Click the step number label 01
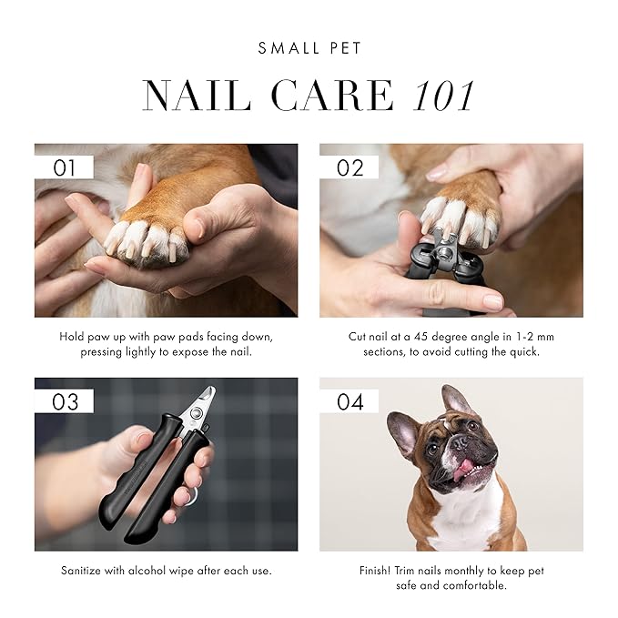(64, 167)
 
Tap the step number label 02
(350, 167)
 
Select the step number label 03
(65, 401)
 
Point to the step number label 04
(350, 401)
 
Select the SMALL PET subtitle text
(309, 48)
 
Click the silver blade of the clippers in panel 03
(202, 403)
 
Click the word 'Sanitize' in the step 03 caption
(86, 571)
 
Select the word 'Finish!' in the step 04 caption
(379, 571)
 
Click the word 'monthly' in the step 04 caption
(465, 571)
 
